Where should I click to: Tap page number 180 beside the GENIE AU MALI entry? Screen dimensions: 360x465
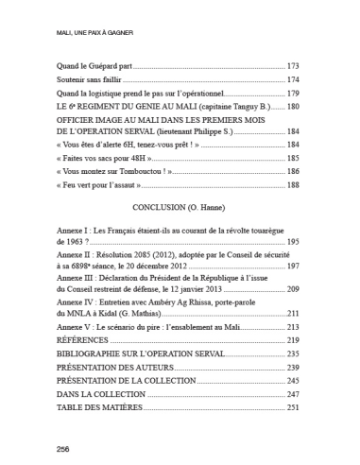[x=293, y=108]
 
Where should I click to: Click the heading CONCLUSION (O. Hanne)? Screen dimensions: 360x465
[x=179, y=208]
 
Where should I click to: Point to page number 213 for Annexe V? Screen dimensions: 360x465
[x=293, y=326]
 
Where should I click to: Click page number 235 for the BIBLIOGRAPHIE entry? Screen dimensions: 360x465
[x=293, y=353]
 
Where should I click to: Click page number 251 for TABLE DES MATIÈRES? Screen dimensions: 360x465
[x=293, y=405]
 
